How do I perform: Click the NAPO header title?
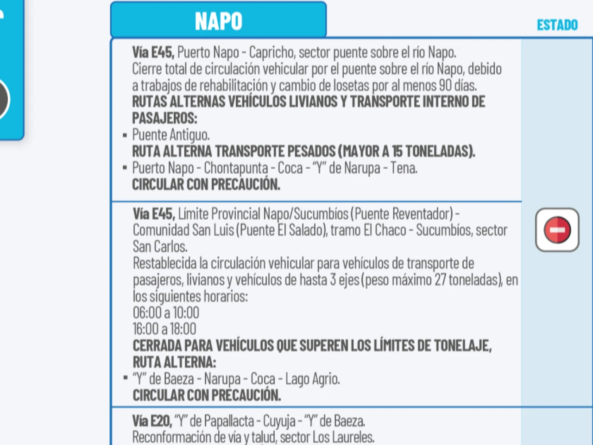[x=218, y=21]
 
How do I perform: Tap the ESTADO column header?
[x=557, y=25]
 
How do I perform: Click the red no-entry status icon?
[x=557, y=230]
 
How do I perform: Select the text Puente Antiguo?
[x=170, y=135]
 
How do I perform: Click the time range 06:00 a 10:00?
[x=166, y=312]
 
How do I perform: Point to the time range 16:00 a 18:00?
[x=164, y=329]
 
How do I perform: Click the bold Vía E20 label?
[x=151, y=421]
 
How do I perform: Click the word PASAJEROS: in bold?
[x=164, y=118]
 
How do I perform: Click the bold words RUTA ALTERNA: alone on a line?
[x=174, y=362]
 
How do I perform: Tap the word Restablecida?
[x=164, y=263]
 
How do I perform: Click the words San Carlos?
[x=160, y=247]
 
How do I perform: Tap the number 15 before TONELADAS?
[x=397, y=151]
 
